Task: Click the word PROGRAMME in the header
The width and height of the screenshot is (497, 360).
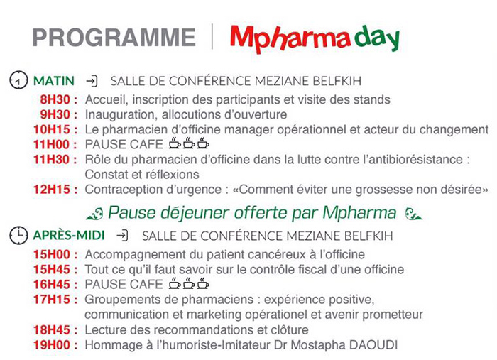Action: (114, 38)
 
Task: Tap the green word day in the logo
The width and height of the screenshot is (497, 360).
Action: (376, 38)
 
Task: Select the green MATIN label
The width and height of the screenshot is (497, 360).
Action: (54, 81)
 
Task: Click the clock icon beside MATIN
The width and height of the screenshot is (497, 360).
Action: (18, 80)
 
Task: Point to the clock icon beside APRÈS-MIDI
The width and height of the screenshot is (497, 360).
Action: (18, 236)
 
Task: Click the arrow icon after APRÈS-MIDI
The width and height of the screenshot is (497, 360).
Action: (122, 236)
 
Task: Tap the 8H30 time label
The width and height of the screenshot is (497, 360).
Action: (55, 99)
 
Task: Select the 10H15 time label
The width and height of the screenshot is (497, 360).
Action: (52, 130)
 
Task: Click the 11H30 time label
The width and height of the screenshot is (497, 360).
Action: (52, 159)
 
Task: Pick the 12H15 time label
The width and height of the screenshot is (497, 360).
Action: (52, 190)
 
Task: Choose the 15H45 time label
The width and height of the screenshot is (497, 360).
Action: (52, 269)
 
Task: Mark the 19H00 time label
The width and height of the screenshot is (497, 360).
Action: (52, 345)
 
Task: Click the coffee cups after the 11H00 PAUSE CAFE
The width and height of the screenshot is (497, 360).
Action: (189, 143)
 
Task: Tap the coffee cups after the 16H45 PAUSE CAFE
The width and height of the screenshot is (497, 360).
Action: (189, 283)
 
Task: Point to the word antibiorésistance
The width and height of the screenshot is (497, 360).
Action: (413, 159)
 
